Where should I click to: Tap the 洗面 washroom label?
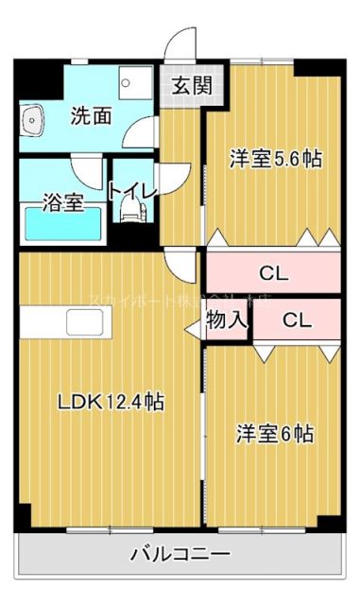92,116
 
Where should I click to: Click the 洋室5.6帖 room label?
276,159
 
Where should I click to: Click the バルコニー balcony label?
180,554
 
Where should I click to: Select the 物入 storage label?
227,320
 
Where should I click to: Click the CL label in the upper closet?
273,274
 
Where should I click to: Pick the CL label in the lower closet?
296,320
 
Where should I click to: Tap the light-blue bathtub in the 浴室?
62,225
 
